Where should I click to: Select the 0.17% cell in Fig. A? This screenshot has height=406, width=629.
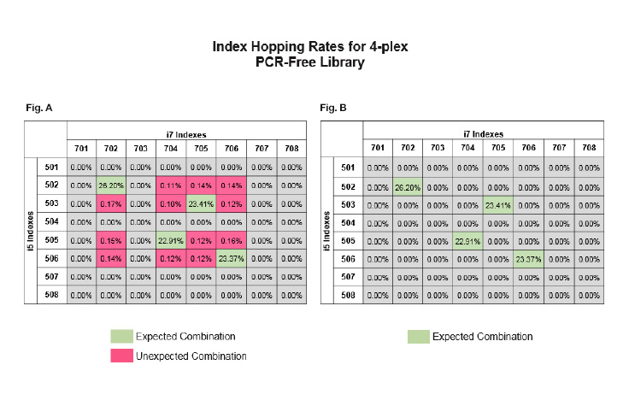pyautogui.click(x=111, y=204)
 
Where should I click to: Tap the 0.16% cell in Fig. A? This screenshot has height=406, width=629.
pyautogui.click(x=231, y=242)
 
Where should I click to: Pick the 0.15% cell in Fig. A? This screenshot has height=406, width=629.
pyautogui.click(x=111, y=242)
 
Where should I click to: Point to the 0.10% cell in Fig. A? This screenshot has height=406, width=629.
pyautogui.click(x=171, y=204)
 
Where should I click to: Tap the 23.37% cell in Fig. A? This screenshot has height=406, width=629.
pyautogui.click(x=231, y=260)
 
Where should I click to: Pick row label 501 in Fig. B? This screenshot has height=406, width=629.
pyautogui.click(x=348, y=168)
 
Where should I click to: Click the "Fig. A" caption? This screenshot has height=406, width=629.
pyautogui.click(x=38, y=109)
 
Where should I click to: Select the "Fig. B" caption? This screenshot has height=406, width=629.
pyautogui.click(x=333, y=109)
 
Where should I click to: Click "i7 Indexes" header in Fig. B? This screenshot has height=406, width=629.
pyautogui.click(x=483, y=133)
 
